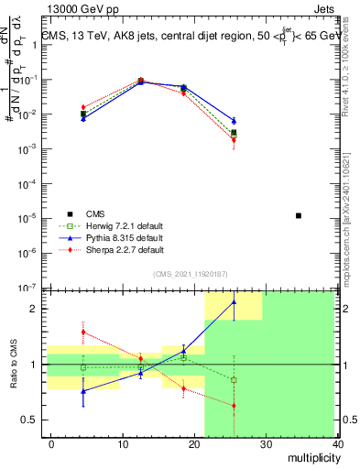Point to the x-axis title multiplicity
311,458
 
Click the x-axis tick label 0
51,444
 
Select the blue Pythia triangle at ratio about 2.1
234,301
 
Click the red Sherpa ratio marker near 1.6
83,333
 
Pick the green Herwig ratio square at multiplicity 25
234,379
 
